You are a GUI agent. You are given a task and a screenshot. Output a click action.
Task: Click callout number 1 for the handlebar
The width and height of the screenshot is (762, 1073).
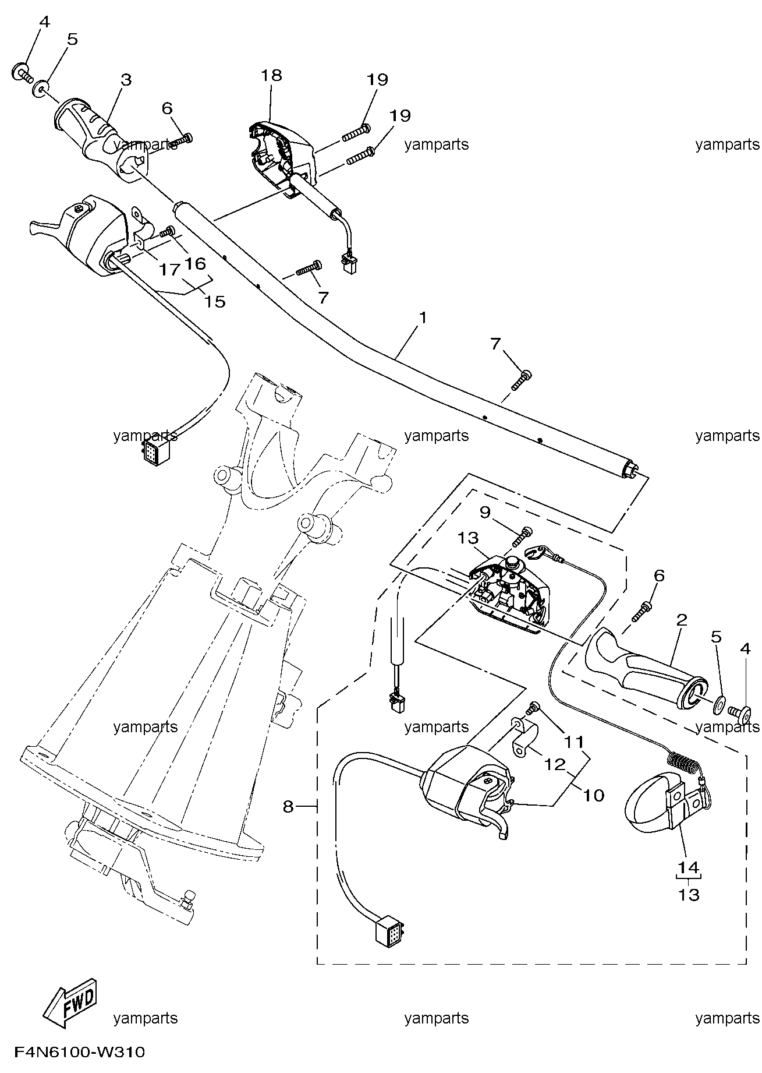click(x=423, y=317)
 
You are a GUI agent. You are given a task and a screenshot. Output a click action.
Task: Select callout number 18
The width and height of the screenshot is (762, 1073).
click(x=271, y=75)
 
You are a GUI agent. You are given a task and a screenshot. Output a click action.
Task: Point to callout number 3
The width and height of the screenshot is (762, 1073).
click(x=126, y=80)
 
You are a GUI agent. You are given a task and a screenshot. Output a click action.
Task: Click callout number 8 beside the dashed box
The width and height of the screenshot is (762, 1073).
click(x=288, y=806)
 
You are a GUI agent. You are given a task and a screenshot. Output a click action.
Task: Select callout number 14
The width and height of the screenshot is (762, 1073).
click(x=688, y=867)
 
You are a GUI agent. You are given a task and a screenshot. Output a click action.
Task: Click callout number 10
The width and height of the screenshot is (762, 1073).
click(x=594, y=795)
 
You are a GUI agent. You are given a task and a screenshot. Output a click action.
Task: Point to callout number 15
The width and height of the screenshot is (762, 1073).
click(x=215, y=301)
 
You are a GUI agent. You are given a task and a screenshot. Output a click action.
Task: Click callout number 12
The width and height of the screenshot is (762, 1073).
click(x=555, y=764)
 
